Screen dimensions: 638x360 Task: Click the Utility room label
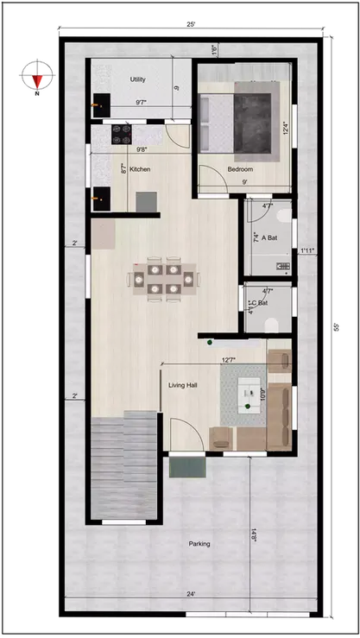(x=137, y=79)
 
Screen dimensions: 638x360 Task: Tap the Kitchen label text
(x=140, y=169)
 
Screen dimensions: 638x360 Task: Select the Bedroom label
(x=239, y=169)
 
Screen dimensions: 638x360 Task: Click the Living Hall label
(x=184, y=385)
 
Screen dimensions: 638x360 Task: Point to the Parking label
(x=199, y=544)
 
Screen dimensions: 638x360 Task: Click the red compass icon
(x=36, y=76)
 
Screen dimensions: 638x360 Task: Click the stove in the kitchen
(x=122, y=134)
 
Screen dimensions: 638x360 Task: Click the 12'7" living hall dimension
(x=229, y=360)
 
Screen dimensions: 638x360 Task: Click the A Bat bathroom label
(x=270, y=237)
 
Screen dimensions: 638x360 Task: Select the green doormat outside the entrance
(x=187, y=467)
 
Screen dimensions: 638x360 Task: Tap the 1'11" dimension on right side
(x=306, y=251)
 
